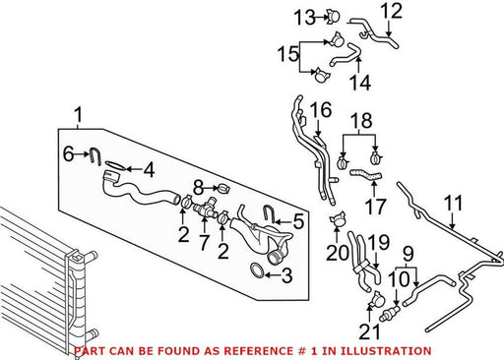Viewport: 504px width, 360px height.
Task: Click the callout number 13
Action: coord(304,18)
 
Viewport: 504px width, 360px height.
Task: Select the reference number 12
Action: coord(391,11)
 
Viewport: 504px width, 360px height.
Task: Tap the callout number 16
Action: coord(321,110)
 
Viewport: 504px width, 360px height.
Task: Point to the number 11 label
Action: coord(454,203)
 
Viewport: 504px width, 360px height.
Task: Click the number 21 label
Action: coord(369,331)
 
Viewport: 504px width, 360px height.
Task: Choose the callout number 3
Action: coord(287,275)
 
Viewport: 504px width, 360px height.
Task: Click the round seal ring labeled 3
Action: coord(257,270)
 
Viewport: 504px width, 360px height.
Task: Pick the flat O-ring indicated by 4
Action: coord(116,165)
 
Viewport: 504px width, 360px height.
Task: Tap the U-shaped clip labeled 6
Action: coord(95,156)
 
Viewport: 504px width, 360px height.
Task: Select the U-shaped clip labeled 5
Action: coord(268,213)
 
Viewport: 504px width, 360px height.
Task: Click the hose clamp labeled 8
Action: coord(224,189)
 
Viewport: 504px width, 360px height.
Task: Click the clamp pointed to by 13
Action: coord(333,17)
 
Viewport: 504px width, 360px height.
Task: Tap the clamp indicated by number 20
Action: coord(338,218)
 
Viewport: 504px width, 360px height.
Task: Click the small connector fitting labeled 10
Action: coord(390,313)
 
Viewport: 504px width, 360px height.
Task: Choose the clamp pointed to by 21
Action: coord(376,300)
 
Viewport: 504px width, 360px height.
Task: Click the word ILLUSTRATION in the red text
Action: coord(385,351)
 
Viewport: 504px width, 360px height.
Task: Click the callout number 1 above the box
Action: coord(78,115)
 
